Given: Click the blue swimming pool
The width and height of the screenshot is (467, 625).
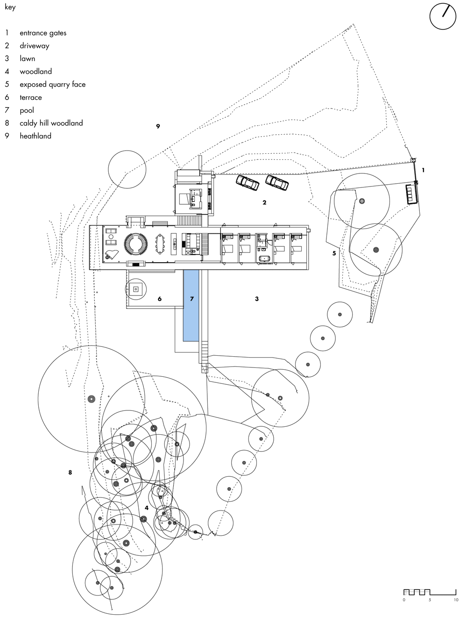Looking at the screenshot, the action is point(191,305).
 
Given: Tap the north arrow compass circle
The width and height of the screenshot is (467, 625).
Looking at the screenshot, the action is point(443,16).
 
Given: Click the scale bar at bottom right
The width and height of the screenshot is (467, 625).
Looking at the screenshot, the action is point(430,592).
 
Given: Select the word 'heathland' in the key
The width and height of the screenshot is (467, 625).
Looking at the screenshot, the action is point(35,136).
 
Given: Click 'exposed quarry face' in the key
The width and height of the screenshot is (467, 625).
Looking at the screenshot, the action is point(53,85).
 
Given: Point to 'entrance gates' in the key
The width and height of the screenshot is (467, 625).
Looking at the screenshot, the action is point(43,33).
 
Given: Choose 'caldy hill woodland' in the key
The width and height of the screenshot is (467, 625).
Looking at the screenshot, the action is point(51,123).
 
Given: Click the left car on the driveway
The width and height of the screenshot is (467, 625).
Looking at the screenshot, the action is point(248,182).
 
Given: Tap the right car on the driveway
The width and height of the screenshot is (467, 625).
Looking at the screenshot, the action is point(277,182).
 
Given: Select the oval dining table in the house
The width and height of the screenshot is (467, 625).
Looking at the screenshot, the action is point(160,244).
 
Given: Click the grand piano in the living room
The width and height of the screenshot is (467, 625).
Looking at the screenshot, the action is point(112,254).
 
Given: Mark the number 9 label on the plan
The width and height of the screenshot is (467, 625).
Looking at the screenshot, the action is point(158,126).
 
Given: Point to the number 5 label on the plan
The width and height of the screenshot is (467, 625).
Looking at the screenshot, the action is point(334,253).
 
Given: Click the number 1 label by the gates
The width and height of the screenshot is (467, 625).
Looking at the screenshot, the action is point(423,170).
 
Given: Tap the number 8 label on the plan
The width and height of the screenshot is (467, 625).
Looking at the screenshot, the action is point(70,473).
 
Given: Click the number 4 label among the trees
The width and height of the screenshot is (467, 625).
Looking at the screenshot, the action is point(147,508).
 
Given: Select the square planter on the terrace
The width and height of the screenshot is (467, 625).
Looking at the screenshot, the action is point(135,289).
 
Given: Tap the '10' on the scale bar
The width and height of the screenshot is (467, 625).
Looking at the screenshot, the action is point(456,600).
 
